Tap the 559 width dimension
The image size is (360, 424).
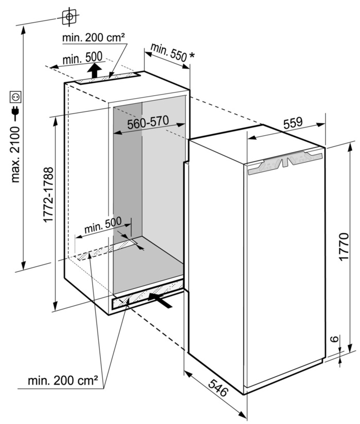point(292,123)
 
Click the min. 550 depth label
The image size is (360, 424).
point(167,53)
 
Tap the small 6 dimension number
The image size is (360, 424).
point(334,339)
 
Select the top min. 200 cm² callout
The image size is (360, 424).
point(94,38)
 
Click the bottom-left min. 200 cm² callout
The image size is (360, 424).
point(63,381)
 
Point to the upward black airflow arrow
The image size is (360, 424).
point(93,70)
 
